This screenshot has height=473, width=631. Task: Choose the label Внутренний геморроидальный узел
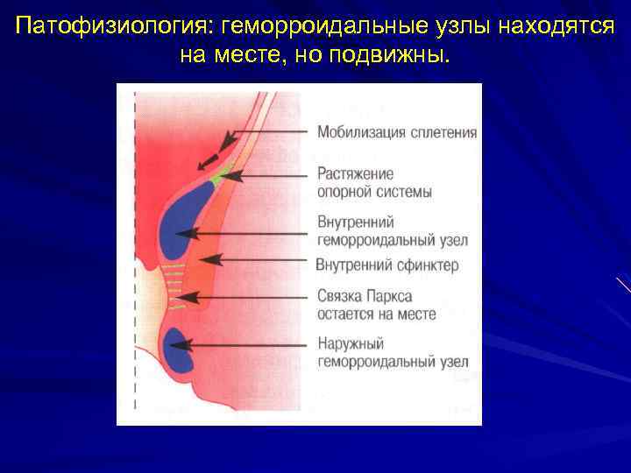(x=392, y=231)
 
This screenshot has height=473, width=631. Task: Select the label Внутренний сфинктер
(x=386, y=265)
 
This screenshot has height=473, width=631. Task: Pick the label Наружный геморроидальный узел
(x=392, y=353)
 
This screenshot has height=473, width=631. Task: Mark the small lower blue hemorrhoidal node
(x=180, y=348)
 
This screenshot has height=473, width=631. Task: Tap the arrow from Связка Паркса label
(x=245, y=298)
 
